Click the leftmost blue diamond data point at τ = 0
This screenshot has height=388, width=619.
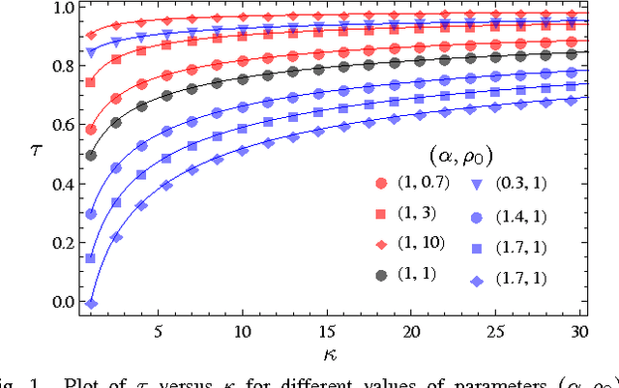point(91,303)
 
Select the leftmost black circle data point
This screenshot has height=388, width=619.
point(91,155)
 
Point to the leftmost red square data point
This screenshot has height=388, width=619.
point(91,82)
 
